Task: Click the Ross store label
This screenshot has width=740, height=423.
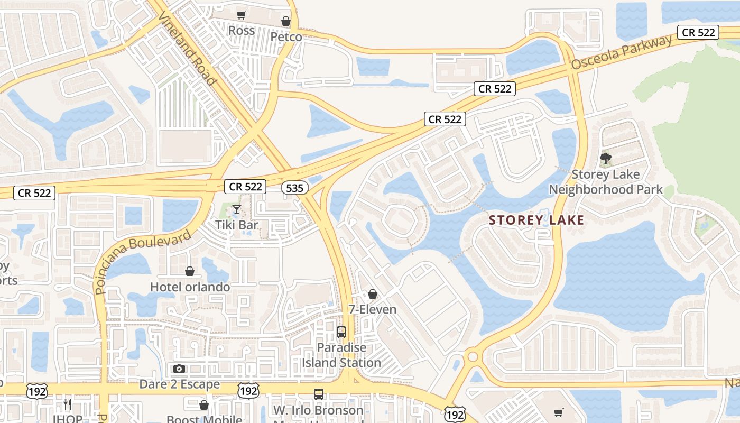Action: tap(242, 31)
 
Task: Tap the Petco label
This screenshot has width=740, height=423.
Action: tap(286, 37)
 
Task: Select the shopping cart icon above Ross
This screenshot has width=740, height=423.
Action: tap(242, 15)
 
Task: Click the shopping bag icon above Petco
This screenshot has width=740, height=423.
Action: tap(286, 21)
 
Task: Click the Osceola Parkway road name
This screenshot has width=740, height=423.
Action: tap(622, 52)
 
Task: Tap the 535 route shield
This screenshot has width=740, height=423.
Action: tap(294, 188)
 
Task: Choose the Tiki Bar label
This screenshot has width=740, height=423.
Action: tap(237, 225)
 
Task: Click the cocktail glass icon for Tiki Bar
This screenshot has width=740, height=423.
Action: tap(237, 210)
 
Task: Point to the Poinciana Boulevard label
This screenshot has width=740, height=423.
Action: tap(143, 262)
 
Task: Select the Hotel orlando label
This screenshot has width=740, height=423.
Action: tap(190, 287)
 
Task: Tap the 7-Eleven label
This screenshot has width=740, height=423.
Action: tap(373, 309)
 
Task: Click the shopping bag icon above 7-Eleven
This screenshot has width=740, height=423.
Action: tap(373, 294)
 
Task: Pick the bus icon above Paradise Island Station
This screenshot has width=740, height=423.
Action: tap(341, 332)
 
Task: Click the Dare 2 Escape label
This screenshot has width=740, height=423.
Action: tap(180, 384)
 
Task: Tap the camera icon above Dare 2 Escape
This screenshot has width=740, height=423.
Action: tap(179, 369)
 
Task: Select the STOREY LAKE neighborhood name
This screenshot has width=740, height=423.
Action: tap(536, 220)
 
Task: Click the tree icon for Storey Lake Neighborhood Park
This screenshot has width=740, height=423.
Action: tap(606, 158)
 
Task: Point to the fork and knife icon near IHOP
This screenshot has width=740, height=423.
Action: tap(68, 404)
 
